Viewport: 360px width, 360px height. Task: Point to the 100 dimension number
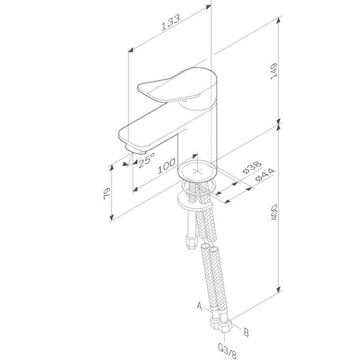[167, 165]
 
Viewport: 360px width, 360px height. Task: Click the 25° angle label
[146, 161]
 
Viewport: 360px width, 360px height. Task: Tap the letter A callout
[200, 307]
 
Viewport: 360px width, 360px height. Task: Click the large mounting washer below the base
[197, 200]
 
